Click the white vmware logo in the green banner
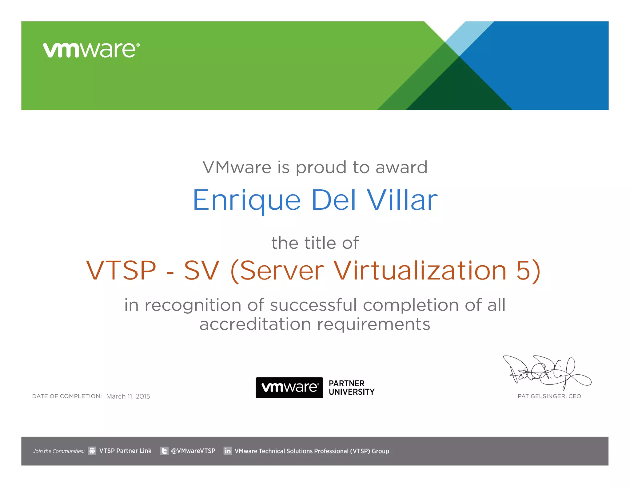click(91, 50)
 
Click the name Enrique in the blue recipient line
click(246, 200)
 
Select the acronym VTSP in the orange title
click(121, 270)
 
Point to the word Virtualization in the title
click(420, 270)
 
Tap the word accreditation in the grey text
click(255, 324)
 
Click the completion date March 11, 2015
click(128, 396)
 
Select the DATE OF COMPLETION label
click(67, 396)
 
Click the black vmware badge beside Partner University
click(289, 388)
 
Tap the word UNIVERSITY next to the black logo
click(352, 392)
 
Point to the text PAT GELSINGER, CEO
click(549, 396)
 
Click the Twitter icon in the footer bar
click(164, 451)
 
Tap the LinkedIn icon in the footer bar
click(228, 451)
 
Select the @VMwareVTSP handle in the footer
click(193, 451)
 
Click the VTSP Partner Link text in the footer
click(125, 451)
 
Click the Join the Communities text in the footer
click(58, 451)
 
